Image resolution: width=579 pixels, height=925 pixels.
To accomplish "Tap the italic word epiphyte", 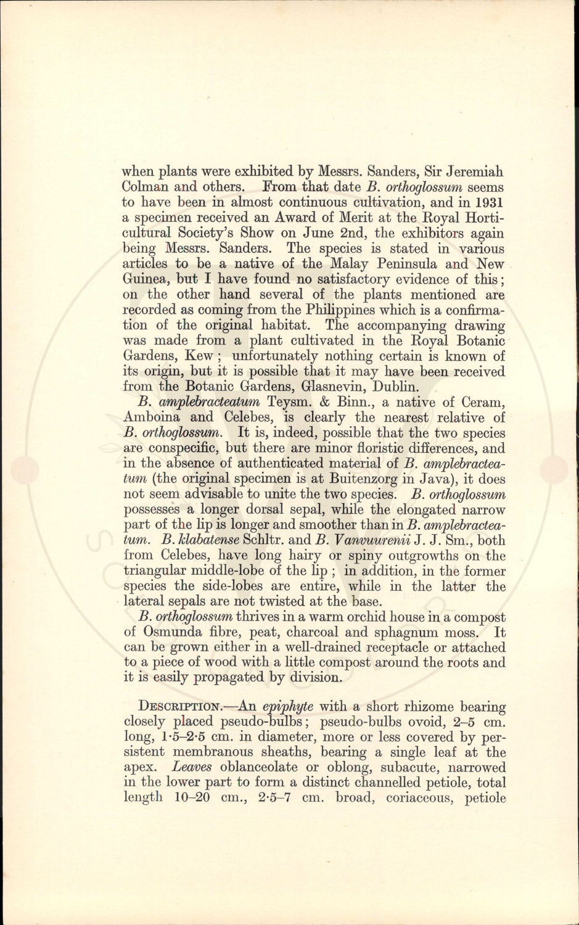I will pos(287,707).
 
